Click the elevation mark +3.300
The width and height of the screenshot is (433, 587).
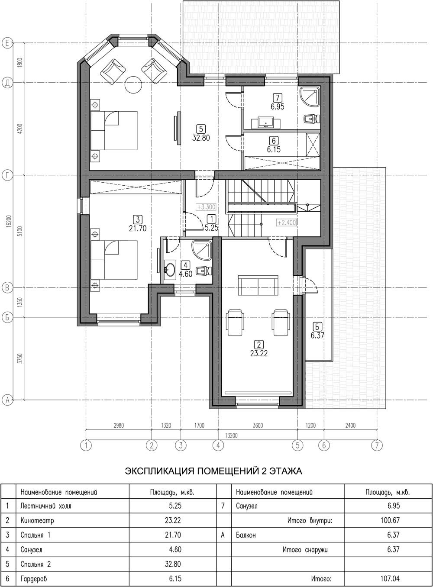tap(206, 207)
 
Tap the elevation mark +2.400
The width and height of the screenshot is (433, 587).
tap(287, 223)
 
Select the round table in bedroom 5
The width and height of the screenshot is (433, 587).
tap(133, 85)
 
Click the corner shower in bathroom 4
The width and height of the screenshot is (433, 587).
tap(201, 250)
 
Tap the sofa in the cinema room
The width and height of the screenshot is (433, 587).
tap(258, 285)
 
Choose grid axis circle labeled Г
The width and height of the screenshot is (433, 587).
tap(7, 175)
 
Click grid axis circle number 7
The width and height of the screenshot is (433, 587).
tap(377, 445)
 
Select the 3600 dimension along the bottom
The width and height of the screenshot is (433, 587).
tap(258, 425)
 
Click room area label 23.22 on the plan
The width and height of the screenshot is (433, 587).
tap(259, 354)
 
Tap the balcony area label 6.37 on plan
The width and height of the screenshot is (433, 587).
tap(317, 335)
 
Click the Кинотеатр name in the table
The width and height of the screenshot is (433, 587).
tap(37, 520)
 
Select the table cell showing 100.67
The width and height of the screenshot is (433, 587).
tap(390, 520)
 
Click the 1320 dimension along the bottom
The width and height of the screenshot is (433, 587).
tap(166, 425)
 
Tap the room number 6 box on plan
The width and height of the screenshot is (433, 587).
tap(274, 141)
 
